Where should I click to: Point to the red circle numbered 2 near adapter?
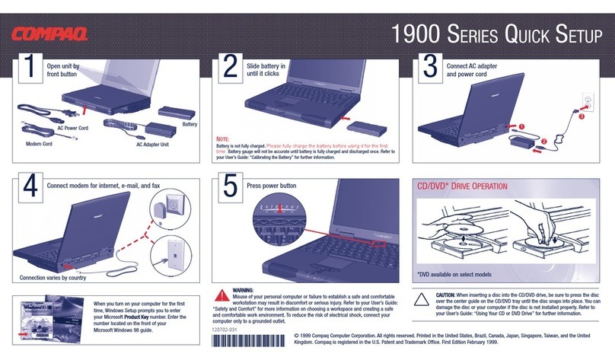click(x=544, y=142)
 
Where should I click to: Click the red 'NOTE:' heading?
click(x=222, y=139)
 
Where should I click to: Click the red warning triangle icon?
click(x=222, y=294)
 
